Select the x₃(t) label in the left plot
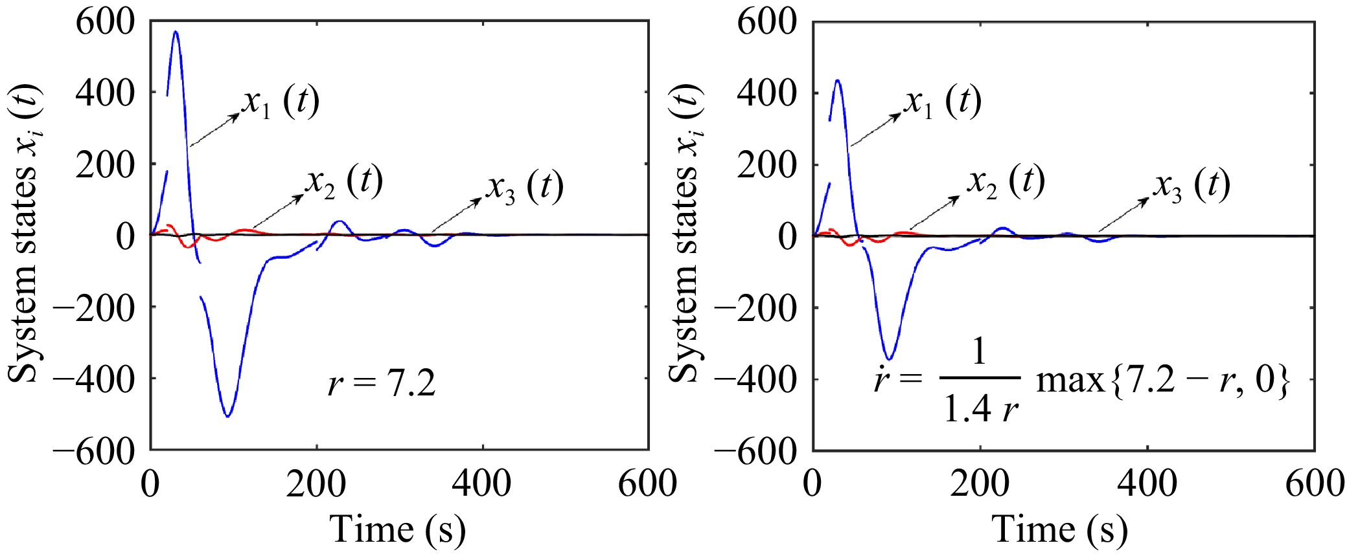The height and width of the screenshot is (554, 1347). (x=525, y=187)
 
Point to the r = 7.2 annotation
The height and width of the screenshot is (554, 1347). (x=382, y=384)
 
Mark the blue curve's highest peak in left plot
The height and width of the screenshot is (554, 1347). (x=175, y=31)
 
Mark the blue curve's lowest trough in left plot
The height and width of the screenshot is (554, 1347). (x=227, y=416)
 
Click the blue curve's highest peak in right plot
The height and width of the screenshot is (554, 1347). (x=838, y=80)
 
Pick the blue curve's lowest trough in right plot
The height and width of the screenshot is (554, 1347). (x=890, y=360)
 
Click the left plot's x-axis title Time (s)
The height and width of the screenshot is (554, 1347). (x=398, y=529)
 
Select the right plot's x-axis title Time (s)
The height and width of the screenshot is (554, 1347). (x=1060, y=529)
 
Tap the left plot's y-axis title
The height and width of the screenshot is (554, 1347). (x=25, y=234)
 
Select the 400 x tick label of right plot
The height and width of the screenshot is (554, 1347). (x=1147, y=483)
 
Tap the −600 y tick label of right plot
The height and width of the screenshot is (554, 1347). (x=755, y=451)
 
